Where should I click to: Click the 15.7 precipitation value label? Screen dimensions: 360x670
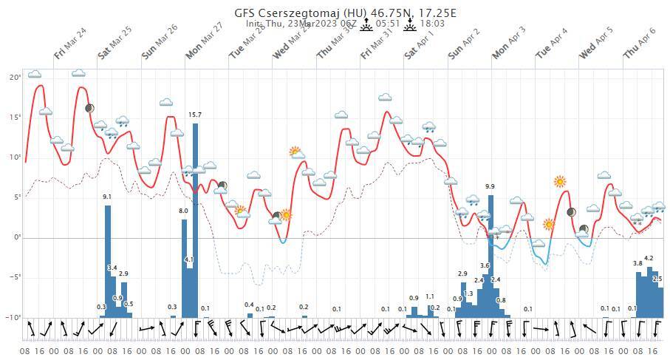195,115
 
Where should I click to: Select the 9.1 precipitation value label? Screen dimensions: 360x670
107,197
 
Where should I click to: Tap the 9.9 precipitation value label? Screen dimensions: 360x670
490,186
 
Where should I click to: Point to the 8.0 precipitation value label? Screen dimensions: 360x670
183,211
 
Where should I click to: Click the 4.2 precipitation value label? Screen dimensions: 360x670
649,258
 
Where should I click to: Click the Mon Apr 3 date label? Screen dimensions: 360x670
509,42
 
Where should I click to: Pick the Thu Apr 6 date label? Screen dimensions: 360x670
639,42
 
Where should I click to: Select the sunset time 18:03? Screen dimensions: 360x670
432,24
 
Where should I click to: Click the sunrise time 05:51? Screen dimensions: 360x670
389,24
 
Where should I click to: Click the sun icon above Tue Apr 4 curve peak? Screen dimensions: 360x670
560,181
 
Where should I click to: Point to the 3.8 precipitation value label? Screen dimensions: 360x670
637,264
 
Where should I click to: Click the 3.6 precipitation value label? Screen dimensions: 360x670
485,265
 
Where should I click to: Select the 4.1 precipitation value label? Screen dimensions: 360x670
189,260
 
